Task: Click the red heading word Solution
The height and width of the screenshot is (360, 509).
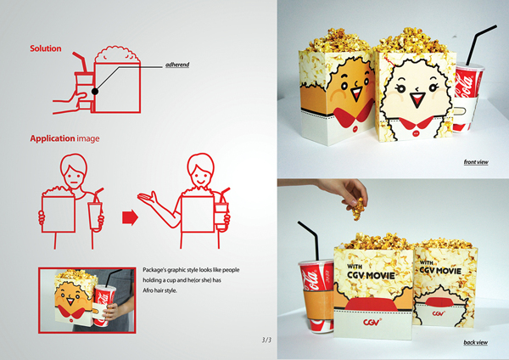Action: [x=46, y=48]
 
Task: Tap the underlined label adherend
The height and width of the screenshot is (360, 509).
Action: [x=177, y=65]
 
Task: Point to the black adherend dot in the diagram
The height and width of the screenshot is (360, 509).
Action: [x=95, y=92]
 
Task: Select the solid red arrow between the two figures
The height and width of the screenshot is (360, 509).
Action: [x=130, y=217]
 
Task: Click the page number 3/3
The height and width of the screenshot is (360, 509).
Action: [x=266, y=340]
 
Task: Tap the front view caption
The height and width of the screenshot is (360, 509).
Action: [x=476, y=162]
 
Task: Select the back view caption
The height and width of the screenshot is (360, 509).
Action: [x=476, y=342]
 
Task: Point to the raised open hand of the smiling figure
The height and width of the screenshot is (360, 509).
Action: [x=147, y=197]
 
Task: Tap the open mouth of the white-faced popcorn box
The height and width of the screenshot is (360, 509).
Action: [x=416, y=99]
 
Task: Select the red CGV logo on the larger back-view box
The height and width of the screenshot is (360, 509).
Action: [x=372, y=323]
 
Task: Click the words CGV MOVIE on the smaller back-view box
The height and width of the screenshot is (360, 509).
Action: [x=440, y=270]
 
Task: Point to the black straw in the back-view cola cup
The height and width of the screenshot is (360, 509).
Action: [x=309, y=241]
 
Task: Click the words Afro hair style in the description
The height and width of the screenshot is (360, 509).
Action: [x=159, y=290]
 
